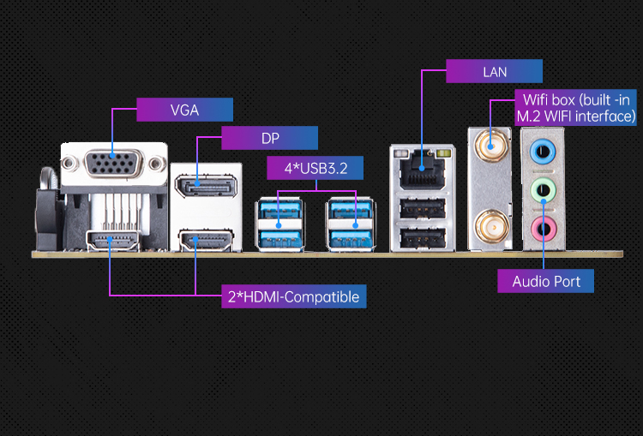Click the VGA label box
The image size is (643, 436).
click(184, 110)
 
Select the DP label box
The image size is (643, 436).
click(270, 138)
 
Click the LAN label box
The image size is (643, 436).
click(495, 71)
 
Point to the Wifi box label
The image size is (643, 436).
click(575, 106)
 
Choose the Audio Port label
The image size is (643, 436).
click(546, 281)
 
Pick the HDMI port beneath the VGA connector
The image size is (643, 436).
click(113, 241)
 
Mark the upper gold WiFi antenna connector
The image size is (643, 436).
click(491, 146)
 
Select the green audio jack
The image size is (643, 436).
click(542, 192)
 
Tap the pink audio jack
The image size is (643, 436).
click(542, 229)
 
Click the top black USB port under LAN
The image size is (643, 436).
click(421, 208)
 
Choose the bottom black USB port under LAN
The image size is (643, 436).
click(421, 237)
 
